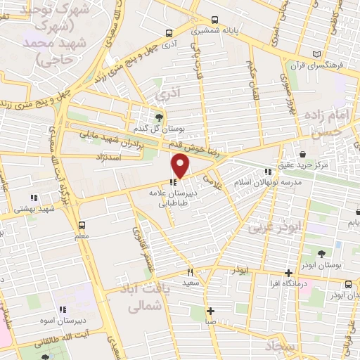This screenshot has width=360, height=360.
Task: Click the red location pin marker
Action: pyautogui.click(x=181, y=167)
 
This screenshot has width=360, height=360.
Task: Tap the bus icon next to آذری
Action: pyautogui.click(x=169, y=32)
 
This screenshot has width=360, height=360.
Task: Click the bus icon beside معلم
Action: pyautogui.click(x=82, y=226)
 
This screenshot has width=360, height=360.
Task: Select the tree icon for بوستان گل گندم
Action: pyautogui.click(x=159, y=117)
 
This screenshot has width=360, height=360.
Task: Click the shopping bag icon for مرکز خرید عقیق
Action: pyautogui.click(x=302, y=154)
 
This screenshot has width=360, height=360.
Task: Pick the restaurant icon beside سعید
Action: pyautogui.click(x=189, y=272)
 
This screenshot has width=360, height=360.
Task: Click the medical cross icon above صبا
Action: pyautogui.click(x=210, y=310)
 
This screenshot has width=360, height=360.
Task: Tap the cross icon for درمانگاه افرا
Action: pyautogui.click(x=288, y=274)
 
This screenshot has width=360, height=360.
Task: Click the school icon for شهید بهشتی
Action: pyautogui.click(x=34, y=198)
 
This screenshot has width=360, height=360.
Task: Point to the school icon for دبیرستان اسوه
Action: pyautogui.click(x=63, y=309)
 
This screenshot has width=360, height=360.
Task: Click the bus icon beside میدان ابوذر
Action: pyautogui.click(x=349, y=284)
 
